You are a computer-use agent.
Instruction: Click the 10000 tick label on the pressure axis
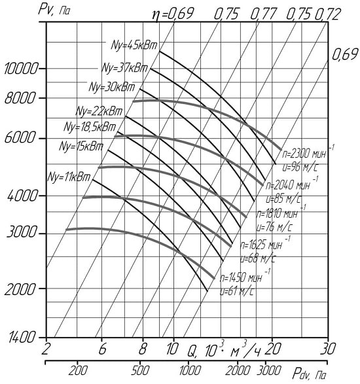coord(22,69)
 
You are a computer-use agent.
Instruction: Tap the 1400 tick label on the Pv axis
coord(22,338)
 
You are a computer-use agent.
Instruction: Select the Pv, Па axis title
coord(54,10)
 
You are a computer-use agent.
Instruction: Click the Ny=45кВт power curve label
coord(134,45)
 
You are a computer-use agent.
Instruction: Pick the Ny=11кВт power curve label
coord(69,177)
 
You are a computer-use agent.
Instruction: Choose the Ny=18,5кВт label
coord(90,127)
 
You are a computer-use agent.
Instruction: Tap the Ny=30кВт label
coord(112,87)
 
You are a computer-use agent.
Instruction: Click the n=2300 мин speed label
coord(304,154)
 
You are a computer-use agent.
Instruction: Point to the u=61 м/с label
coord(237,292)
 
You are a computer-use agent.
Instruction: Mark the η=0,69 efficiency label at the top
coord(173,14)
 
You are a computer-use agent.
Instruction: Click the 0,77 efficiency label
coord(263,14)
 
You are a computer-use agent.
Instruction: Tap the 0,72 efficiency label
coord(327,14)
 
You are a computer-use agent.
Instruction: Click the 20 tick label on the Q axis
coord(272,349)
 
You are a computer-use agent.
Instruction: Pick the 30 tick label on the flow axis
coord(328,349)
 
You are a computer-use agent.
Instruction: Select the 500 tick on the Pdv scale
coord(140,371)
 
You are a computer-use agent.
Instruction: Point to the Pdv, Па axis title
coord(309,374)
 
